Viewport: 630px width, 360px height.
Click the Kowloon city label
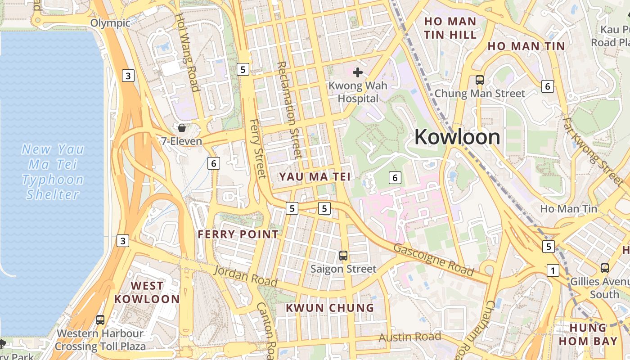457,137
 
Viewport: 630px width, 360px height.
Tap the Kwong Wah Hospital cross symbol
358,72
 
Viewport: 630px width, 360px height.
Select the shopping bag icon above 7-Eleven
182,128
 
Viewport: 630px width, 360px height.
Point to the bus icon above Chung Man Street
480,80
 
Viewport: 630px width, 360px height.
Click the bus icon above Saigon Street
343,256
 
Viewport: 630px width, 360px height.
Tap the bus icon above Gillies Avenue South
605,268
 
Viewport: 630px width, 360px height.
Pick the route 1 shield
553,270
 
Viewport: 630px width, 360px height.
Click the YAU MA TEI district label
314,177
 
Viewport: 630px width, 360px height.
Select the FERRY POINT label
238,234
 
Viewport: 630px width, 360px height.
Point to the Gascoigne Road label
434,260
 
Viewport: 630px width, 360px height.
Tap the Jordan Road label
245,276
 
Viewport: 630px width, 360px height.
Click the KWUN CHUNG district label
330,308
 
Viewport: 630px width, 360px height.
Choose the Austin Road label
409,337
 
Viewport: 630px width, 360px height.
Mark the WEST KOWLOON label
147,292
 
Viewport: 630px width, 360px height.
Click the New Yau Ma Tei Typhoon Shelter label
53,171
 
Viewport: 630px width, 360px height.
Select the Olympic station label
110,23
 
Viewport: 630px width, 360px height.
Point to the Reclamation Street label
289,110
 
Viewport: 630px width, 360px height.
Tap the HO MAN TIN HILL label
450,28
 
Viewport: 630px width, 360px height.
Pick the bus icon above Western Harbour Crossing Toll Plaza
100,320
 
